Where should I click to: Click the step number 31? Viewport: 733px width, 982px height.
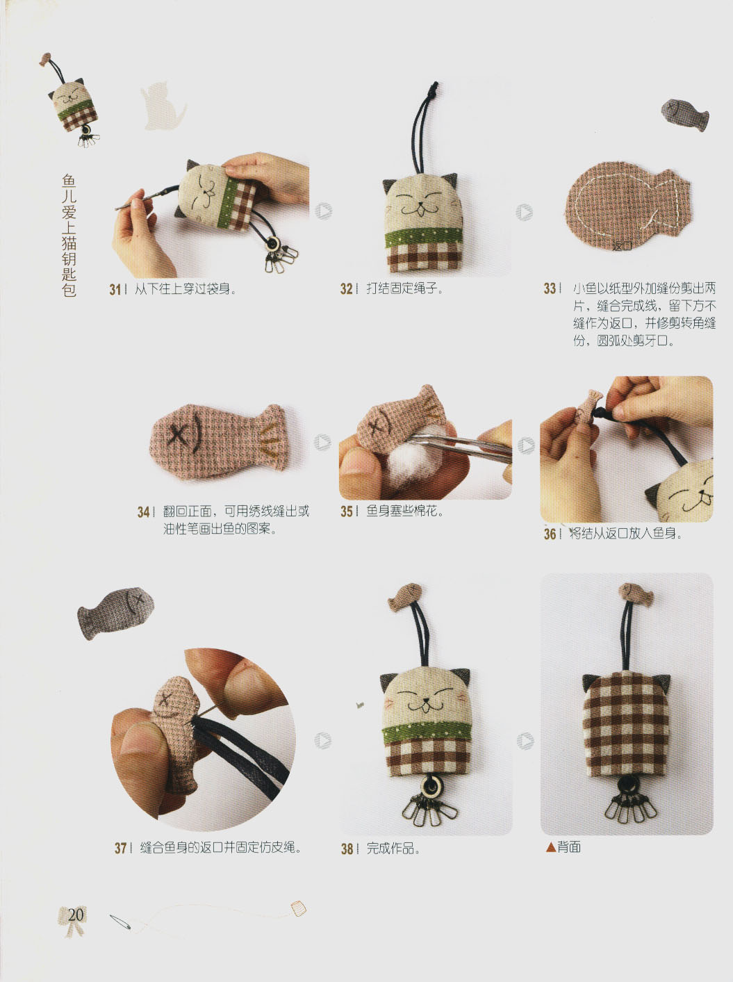pos(115,289)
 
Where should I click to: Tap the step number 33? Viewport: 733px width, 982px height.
pos(550,288)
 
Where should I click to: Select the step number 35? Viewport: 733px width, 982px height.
pos(347,512)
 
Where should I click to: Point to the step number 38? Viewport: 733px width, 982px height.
pos(347,849)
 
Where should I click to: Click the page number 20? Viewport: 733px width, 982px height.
pos(75,915)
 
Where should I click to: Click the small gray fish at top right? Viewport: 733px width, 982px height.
pos(684,113)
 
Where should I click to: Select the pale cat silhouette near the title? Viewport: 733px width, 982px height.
pos(163,105)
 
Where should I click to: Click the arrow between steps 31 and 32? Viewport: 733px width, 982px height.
pos(323,211)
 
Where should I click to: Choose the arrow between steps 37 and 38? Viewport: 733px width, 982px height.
pos(322,741)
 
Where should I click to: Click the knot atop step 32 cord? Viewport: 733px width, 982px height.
pos(434,89)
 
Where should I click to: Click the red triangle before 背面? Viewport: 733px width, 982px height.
pos(550,847)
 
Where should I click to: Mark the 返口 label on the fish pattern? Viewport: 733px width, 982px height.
pos(622,245)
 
